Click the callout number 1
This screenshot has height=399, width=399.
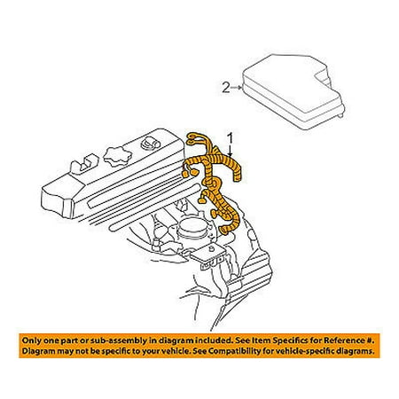pyautogui.click(x=230, y=139)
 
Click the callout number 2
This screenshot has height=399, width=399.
pyautogui.click(x=226, y=88)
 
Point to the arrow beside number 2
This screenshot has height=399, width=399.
pyautogui.click(x=237, y=87)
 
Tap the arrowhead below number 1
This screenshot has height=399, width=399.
pyautogui.click(x=231, y=153)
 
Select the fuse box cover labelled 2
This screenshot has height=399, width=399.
pyautogui.click(x=293, y=91)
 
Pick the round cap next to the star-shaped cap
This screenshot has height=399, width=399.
pyautogui.click(x=150, y=144)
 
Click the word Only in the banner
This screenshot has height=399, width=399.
pyautogui.click(x=31, y=340)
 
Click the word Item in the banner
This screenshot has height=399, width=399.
pyautogui.click(x=261, y=340)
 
